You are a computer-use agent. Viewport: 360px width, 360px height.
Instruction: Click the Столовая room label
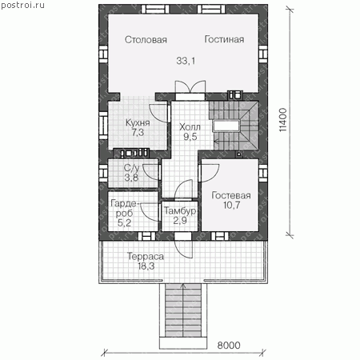(146, 40)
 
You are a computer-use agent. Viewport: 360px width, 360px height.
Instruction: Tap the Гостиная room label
(224, 39)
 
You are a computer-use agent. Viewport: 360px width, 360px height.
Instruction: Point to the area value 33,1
(186, 61)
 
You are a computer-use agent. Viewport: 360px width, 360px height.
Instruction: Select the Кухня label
(138, 122)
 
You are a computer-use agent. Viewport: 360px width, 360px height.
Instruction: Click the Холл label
(190, 126)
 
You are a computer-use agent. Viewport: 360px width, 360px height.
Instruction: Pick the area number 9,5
(190, 137)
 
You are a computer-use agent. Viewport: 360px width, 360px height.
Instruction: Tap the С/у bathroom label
(131, 168)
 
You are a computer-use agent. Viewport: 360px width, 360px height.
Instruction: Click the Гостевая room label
(231, 195)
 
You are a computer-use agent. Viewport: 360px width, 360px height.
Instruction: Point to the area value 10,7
(231, 205)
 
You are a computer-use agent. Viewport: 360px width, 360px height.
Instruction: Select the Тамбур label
(180, 210)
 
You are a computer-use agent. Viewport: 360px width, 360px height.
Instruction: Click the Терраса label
(146, 256)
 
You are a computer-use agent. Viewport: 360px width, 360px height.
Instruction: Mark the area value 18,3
(146, 266)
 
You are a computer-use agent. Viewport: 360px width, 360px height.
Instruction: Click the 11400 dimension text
(283, 119)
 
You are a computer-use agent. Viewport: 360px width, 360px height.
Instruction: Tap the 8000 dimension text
(229, 346)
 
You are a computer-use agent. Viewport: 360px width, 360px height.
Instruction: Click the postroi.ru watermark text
(22, 5)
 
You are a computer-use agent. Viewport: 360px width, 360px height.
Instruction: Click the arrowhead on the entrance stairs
(183, 286)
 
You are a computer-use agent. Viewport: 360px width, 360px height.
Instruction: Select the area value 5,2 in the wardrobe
(124, 222)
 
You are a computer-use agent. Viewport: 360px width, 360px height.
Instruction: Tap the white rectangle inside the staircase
(226, 126)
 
